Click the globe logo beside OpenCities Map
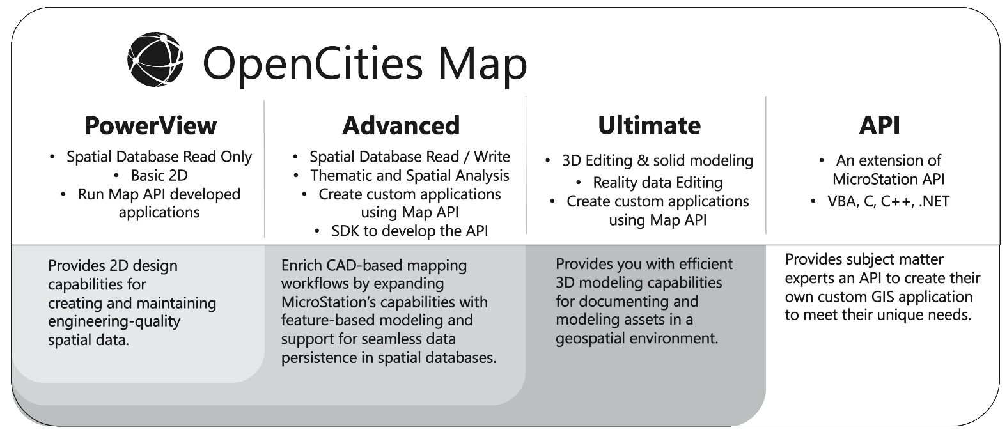pos(155,59)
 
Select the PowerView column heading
pos(151,125)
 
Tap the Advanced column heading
pos(401,125)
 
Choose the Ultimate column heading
pos(649,125)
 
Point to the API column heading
pos(879,125)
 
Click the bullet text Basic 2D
pos(159,175)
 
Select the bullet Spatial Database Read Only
pos(159,157)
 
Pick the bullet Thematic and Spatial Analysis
pos(410,176)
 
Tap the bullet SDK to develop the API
pos(410,231)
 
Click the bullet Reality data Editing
pos(658,183)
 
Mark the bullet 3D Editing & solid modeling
pos(658,160)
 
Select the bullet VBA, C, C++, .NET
pos(888,201)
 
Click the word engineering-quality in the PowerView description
pos(114,322)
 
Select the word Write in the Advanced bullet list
pos(492,157)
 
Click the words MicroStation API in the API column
pos(888,180)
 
